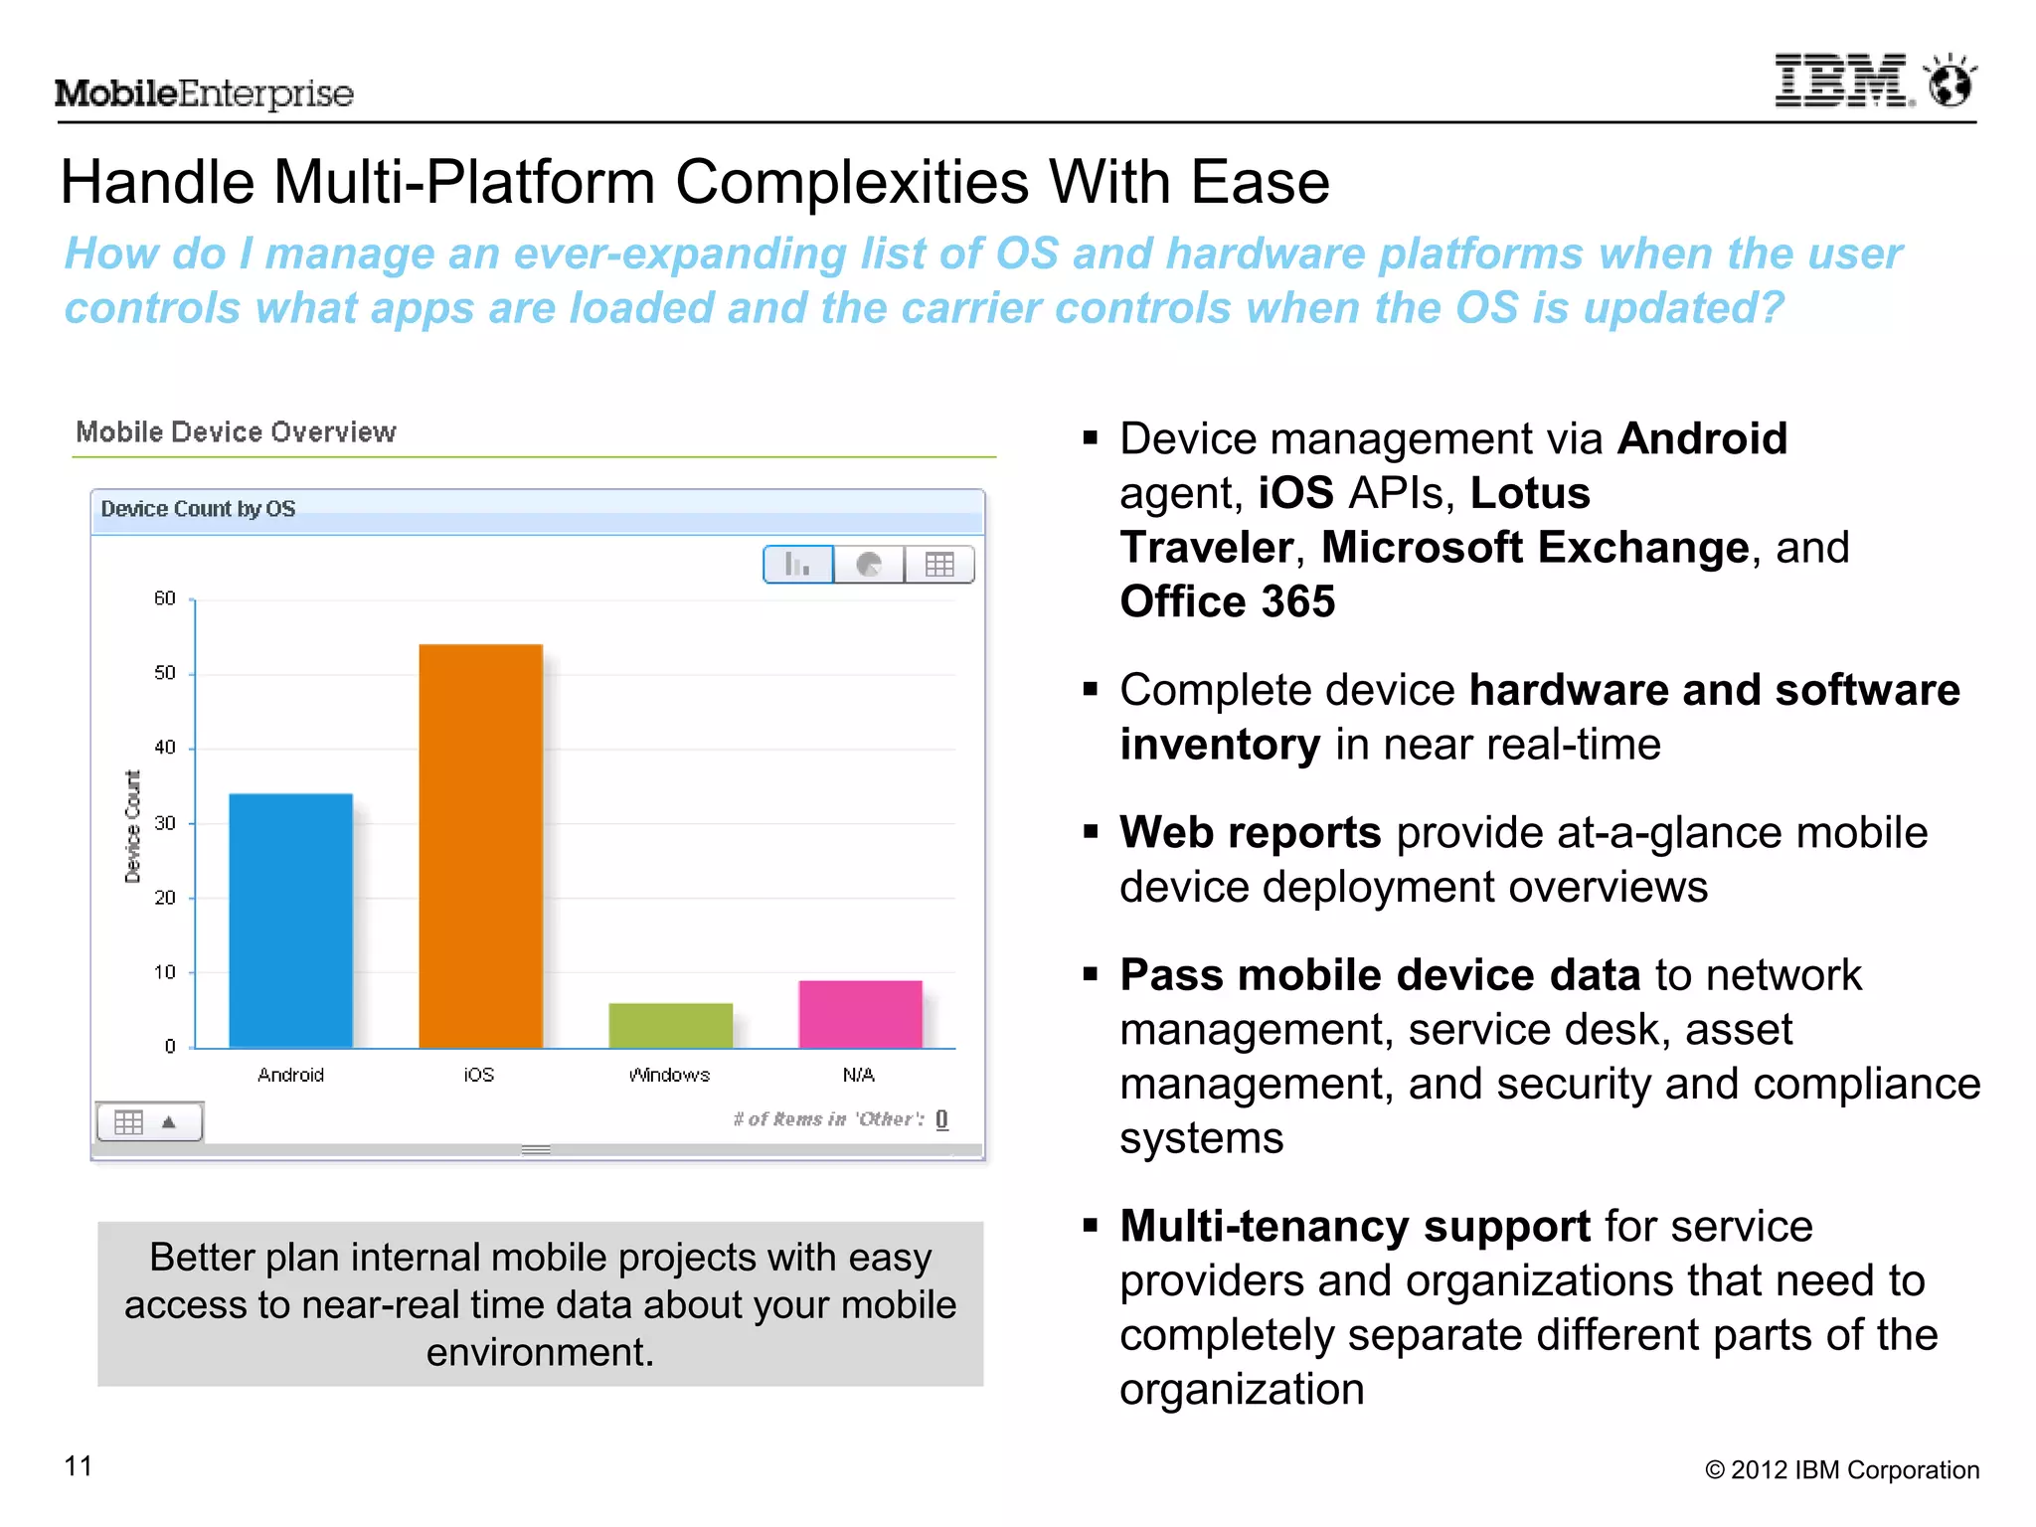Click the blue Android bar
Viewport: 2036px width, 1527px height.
tap(290, 920)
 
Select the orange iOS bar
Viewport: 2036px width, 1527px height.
tap(480, 845)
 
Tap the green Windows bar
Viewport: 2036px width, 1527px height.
tap(670, 1025)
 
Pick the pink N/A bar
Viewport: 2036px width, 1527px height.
tap(860, 1014)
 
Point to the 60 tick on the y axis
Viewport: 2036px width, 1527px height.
tap(165, 598)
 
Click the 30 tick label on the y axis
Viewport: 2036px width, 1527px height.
tap(165, 823)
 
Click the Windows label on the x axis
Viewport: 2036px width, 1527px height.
tap(669, 1075)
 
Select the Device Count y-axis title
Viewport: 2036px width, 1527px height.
tap(132, 826)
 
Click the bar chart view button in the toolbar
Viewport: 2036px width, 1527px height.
tap(798, 565)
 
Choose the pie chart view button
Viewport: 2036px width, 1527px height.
tap(869, 565)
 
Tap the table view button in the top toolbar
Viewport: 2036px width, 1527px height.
tap(939, 565)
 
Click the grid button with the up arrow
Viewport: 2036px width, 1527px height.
tap(149, 1122)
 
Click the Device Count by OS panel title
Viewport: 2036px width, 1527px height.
tap(198, 509)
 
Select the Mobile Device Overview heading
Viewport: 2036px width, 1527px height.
tap(236, 432)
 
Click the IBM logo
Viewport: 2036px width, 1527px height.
tap(1842, 82)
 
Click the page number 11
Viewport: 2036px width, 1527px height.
tap(79, 1466)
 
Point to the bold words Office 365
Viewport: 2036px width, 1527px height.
tap(1227, 601)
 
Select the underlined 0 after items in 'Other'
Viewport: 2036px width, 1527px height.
tap(941, 1119)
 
